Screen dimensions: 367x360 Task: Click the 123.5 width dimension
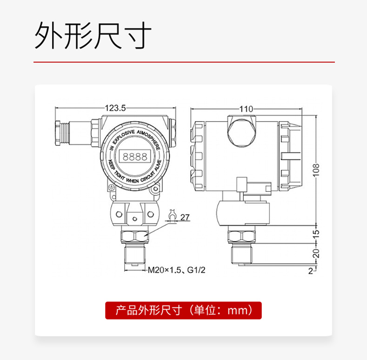[x=115, y=108]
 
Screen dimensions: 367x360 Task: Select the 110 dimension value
[x=246, y=109]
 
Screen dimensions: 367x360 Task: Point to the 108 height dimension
[x=316, y=170]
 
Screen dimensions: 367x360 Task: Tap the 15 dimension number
[x=316, y=234]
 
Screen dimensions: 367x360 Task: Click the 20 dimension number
[x=316, y=253]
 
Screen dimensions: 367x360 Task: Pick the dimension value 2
[x=310, y=271]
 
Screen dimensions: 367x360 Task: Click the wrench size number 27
[x=185, y=217]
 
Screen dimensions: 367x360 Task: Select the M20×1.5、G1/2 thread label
[x=177, y=270]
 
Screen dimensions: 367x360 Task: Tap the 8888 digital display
[x=135, y=156]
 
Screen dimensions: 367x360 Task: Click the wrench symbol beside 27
[x=172, y=216]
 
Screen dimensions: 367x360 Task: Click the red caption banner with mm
[x=183, y=310]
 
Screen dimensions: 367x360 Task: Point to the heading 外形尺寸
[x=93, y=35]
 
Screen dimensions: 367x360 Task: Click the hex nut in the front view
[x=135, y=237]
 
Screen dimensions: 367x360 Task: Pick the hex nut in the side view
[x=241, y=237]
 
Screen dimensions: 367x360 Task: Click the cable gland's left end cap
[x=59, y=133]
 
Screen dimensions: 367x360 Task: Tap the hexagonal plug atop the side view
[x=241, y=133]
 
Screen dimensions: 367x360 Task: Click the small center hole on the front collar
[x=134, y=219]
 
